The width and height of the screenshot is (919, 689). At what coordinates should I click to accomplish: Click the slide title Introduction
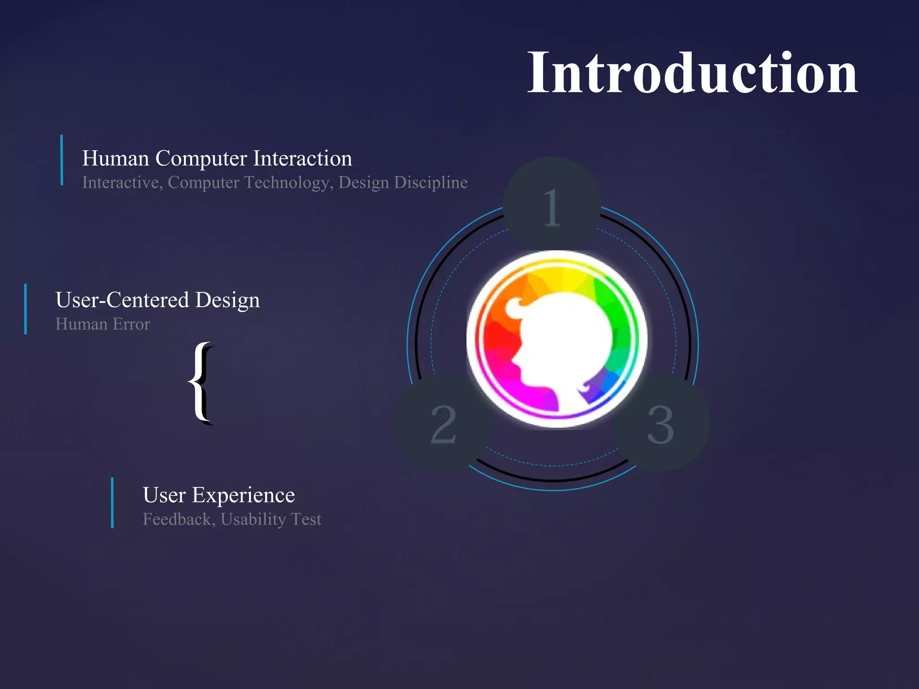click(x=692, y=73)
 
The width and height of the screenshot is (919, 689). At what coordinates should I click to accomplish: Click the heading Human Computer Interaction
click(x=217, y=158)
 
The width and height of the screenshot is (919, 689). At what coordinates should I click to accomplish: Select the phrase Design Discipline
click(x=403, y=183)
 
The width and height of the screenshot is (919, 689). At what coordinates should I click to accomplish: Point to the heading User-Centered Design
click(x=158, y=300)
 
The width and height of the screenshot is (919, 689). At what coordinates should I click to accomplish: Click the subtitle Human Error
click(x=102, y=324)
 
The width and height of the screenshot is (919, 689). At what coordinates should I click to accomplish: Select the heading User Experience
click(x=219, y=495)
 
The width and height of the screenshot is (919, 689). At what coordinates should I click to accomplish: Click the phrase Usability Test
click(x=271, y=519)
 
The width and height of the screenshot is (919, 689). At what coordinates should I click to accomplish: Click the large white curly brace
click(x=201, y=383)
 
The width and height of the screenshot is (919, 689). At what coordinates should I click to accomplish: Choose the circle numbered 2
click(x=443, y=423)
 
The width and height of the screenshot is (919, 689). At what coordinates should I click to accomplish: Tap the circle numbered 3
click(x=661, y=423)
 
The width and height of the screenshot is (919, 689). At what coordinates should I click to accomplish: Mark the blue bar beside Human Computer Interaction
click(x=61, y=160)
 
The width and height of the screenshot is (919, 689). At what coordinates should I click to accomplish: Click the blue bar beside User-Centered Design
click(x=26, y=309)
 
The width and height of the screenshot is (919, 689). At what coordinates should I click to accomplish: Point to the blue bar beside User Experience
click(x=112, y=503)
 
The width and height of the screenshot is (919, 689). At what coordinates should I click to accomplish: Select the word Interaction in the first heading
click(x=302, y=158)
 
